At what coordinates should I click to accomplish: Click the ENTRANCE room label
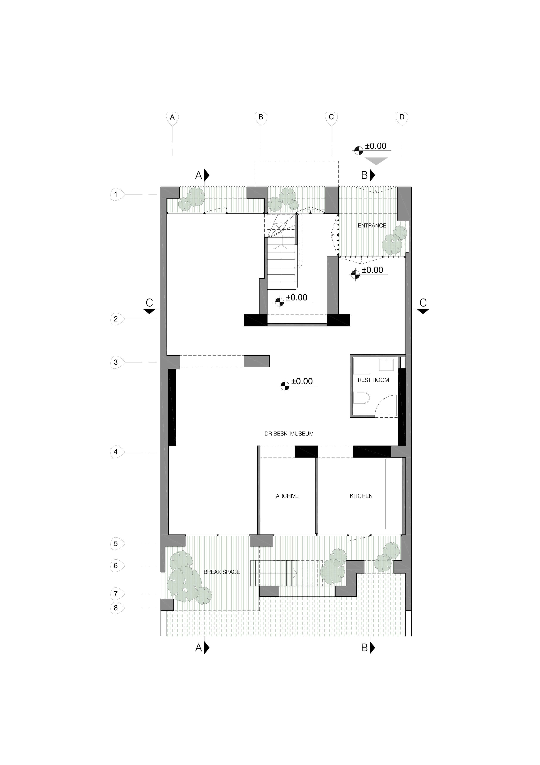pos(372,225)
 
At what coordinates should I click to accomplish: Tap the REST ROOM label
pos(373,380)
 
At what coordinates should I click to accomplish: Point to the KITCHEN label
pos(361,496)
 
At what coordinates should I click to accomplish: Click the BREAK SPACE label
pos(222,572)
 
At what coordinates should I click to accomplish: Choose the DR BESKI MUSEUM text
pos(289,434)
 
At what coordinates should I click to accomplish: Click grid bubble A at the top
pos(172,118)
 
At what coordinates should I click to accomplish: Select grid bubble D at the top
pos(402,118)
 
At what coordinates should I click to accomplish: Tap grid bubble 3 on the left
pos(116,362)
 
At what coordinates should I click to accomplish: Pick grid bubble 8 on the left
pos(116,608)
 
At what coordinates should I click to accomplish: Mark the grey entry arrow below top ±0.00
pos(376,161)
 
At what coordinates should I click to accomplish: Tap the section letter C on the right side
pos(423,303)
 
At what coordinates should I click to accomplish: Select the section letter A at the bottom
pos(199,647)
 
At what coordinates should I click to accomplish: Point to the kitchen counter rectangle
pos(393,494)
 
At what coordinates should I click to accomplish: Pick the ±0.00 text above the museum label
pos(302,381)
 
